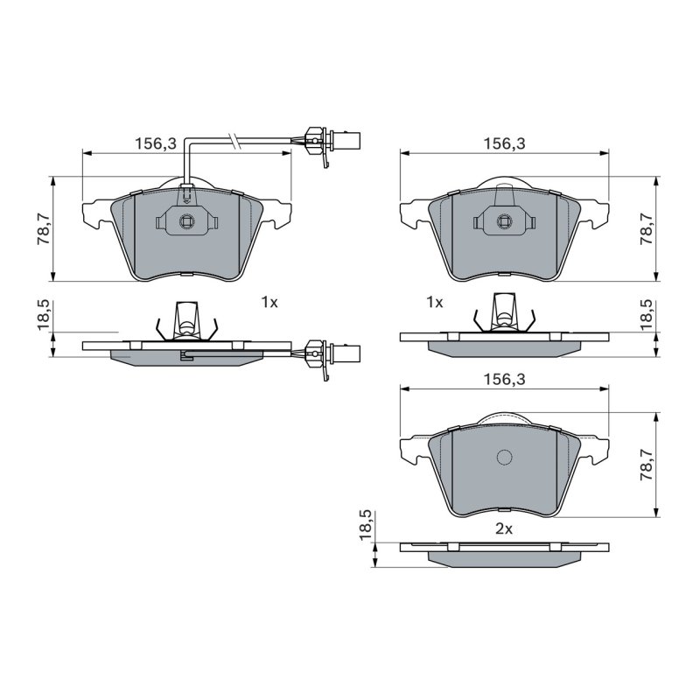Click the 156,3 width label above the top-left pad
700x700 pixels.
[156, 143]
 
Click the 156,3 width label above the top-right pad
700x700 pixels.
[505, 143]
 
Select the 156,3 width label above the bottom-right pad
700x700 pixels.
[505, 380]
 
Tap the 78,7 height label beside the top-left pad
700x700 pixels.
[44, 228]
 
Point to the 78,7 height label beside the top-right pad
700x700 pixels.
[647, 228]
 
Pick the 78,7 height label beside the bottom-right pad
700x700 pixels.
[647, 465]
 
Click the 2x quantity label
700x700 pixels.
[504, 529]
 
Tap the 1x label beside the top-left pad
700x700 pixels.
[269, 303]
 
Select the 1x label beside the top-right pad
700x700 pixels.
[435, 303]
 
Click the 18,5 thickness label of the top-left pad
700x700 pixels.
[44, 315]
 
